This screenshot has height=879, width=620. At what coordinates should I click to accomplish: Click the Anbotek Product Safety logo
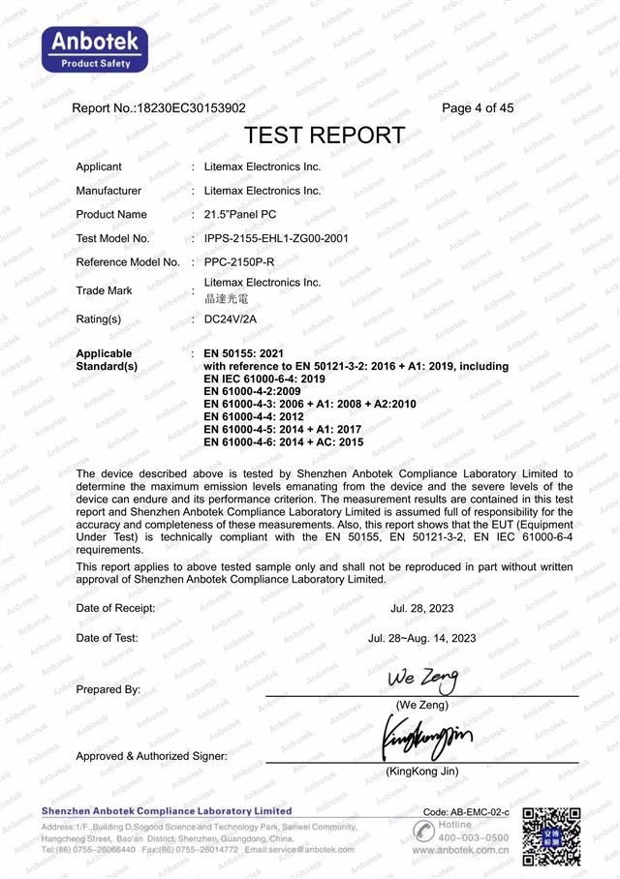click(x=94, y=49)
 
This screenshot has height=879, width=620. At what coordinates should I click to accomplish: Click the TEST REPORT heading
click(x=324, y=135)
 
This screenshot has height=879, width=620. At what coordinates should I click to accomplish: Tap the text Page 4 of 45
click(x=478, y=108)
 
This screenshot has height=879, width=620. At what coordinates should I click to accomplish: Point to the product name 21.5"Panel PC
click(x=241, y=214)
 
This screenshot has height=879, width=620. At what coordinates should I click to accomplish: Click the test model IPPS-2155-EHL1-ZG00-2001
click(x=276, y=238)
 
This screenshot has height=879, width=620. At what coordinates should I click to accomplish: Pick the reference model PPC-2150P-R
click(x=240, y=262)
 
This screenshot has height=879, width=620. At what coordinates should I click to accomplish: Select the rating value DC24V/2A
click(x=230, y=318)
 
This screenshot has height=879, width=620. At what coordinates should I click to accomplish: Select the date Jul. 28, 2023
click(x=421, y=608)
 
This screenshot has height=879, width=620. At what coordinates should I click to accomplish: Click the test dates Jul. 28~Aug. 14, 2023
click(x=421, y=638)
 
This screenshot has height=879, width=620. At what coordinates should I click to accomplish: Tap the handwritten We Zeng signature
click(x=421, y=677)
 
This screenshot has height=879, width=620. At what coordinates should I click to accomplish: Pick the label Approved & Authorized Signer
click(x=151, y=756)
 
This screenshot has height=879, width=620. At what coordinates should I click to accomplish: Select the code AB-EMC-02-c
click(x=466, y=811)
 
